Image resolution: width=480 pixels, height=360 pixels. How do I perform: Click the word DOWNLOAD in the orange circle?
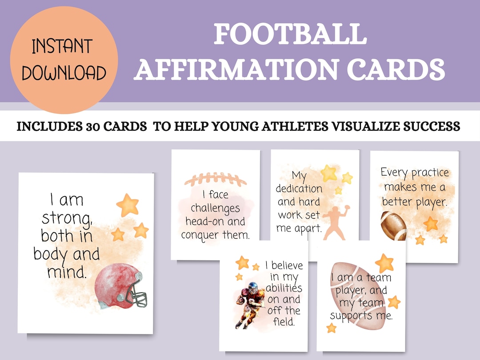click(x=64, y=73)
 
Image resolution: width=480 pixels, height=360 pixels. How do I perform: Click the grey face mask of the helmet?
click(x=136, y=293)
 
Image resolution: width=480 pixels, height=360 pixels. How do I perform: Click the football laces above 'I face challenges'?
click(x=215, y=179)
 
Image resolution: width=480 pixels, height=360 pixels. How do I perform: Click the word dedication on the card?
click(x=299, y=188)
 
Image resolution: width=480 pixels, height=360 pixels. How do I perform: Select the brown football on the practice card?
click(x=393, y=226)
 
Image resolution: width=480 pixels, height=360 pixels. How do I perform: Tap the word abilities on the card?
click(x=285, y=288)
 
